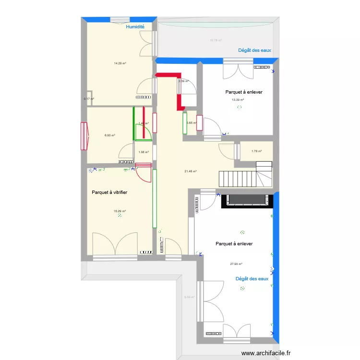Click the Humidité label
[x=135, y=27]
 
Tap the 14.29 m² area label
[x=120, y=63]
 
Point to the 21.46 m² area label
[x=191, y=171]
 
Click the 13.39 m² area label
[x=238, y=100]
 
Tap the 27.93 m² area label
[x=236, y=264]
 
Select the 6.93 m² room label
[x=110, y=135]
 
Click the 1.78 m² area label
[x=257, y=151]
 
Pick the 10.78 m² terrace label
[x=216, y=40]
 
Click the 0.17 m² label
[x=89, y=99]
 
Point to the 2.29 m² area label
[x=183, y=81]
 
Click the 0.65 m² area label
[x=191, y=123]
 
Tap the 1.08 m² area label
[x=143, y=153]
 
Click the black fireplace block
[x=247, y=200]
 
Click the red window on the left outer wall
[x=84, y=136]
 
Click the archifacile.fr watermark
[x=266, y=353]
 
